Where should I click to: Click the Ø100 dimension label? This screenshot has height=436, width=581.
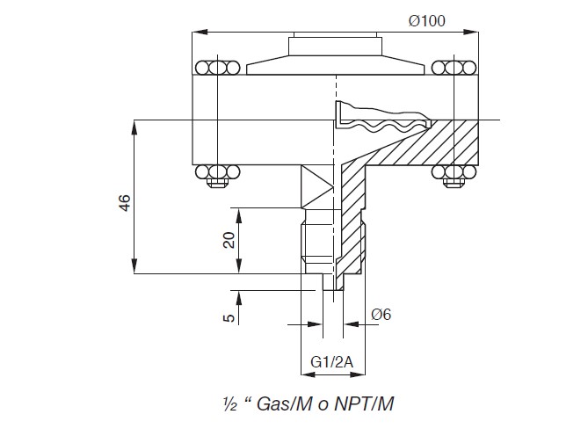[427, 21]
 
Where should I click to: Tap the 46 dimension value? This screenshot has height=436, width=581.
[125, 203]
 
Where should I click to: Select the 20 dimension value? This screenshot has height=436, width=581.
[229, 240]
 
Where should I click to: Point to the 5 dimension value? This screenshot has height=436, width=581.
[229, 317]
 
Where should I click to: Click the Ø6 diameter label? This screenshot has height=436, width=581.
[381, 315]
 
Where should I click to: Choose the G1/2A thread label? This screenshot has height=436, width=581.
[332, 362]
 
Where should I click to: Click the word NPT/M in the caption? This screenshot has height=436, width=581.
[364, 403]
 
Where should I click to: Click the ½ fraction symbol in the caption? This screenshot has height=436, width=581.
[230, 404]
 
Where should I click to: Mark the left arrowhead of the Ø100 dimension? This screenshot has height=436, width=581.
[200, 32]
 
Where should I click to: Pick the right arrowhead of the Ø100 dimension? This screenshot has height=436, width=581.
[471, 32]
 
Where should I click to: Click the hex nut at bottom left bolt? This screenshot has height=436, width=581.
[217, 183]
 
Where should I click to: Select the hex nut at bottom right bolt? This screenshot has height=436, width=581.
[454, 183]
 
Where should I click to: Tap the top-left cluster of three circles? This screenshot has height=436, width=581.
[217, 68]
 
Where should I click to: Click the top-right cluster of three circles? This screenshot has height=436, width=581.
[454, 68]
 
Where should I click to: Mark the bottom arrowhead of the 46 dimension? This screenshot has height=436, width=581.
[134, 266]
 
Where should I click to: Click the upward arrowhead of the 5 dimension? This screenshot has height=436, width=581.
[238, 298]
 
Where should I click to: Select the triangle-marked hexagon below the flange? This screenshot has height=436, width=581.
[318, 186]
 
